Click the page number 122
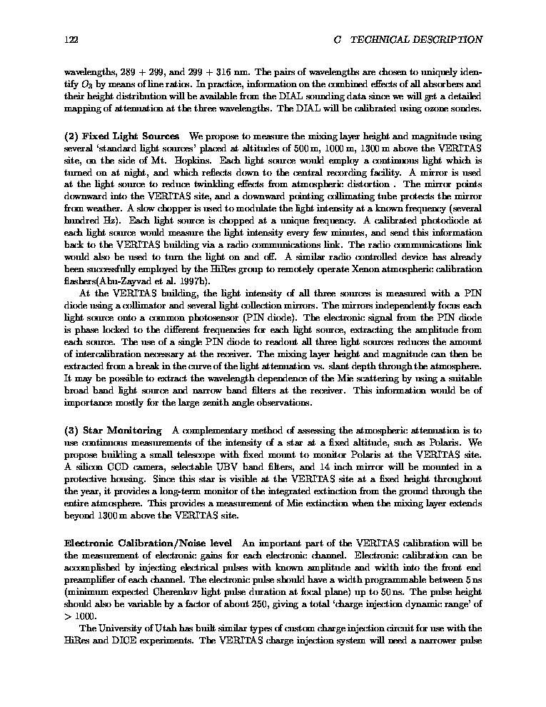tap(71, 40)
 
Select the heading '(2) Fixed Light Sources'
tap(122, 136)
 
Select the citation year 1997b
tap(183, 281)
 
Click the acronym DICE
tap(116, 640)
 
